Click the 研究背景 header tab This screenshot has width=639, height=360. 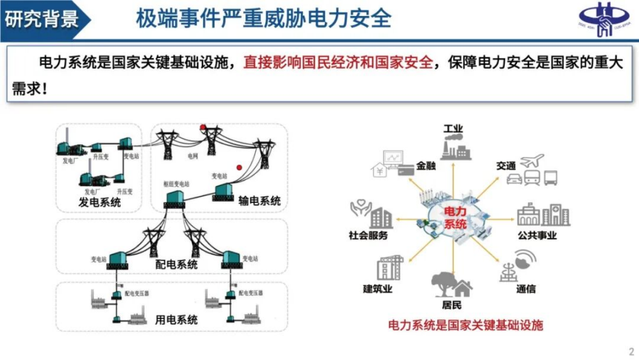(42, 19)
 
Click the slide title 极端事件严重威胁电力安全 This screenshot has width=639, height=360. (263, 19)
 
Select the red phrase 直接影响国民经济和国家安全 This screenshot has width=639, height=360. (338, 63)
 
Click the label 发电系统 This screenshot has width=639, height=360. (99, 203)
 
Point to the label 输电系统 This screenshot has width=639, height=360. (259, 201)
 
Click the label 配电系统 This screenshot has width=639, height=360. (177, 264)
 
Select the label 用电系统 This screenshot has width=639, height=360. (176, 320)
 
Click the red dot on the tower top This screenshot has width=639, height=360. (203, 127)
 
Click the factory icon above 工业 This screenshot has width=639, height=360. (453, 147)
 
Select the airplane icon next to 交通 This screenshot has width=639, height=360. (532, 160)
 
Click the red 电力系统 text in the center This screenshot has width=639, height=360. (453, 218)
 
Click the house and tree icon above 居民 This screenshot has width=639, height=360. (452, 285)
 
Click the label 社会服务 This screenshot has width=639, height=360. (368, 235)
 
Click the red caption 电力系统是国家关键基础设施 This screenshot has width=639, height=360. (466, 325)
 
